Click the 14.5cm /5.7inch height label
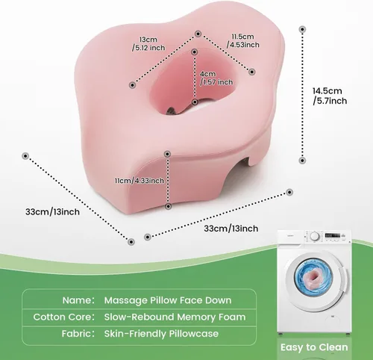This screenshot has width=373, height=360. (330, 96)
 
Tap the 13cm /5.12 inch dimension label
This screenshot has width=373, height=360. (148, 43)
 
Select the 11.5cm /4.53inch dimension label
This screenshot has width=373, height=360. (242, 40)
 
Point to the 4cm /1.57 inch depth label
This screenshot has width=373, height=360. (216, 78)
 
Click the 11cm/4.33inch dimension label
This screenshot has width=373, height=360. (140, 181)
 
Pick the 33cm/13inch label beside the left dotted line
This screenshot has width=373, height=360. (52, 212)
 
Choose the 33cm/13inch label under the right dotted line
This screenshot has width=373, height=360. (231, 229)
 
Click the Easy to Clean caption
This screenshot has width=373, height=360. (314, 347)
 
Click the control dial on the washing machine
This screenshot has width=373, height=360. (315, 236)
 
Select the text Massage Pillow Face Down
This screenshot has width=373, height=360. (168, 300)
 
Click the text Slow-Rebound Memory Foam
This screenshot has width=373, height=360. (175, 317)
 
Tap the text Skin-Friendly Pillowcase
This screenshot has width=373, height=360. (161, 334)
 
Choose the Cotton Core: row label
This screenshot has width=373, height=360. (64, 317)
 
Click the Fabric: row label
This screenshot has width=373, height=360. (78, 334)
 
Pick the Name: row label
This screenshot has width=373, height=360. (78, 300)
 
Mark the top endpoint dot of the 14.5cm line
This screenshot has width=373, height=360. (302, 29)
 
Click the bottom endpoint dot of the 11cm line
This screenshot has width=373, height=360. (169, 206)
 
